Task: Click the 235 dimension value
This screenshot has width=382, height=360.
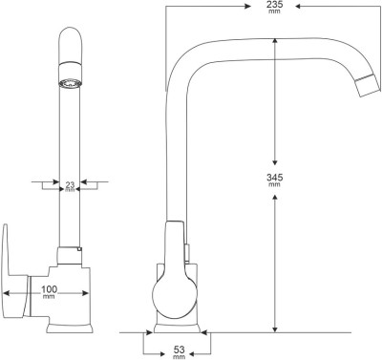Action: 275,5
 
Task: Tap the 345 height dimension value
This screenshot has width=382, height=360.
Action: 275,177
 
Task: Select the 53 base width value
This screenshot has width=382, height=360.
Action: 180,349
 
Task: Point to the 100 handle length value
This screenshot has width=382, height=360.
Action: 50,289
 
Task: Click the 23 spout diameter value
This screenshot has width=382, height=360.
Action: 70,184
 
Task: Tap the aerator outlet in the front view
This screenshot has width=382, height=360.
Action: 70,83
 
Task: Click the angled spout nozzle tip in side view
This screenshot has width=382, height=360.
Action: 368,85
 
